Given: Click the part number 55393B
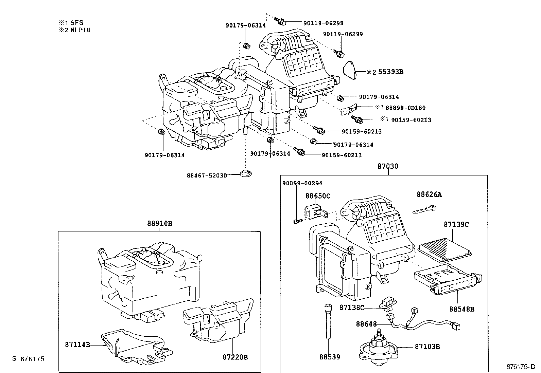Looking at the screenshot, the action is (390, 72).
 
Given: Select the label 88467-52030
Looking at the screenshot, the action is (207, 176).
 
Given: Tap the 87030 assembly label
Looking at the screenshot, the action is (388, 166).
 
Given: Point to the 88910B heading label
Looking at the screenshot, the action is (160, 224).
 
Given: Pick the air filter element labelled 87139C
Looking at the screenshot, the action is (444, 250).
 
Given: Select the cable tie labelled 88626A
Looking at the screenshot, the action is (424, 209).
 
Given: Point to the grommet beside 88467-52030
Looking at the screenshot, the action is (246, 173).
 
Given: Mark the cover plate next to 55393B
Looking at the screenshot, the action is (350, 70).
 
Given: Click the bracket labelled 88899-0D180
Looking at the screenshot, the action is (349, 109).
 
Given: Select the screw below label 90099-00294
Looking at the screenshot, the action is (298, 221).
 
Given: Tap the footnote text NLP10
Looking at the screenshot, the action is (81, 30).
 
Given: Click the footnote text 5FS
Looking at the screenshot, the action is (77, 23).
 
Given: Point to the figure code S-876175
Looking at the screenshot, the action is (29, 359).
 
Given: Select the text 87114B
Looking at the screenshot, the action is (77, 345).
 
